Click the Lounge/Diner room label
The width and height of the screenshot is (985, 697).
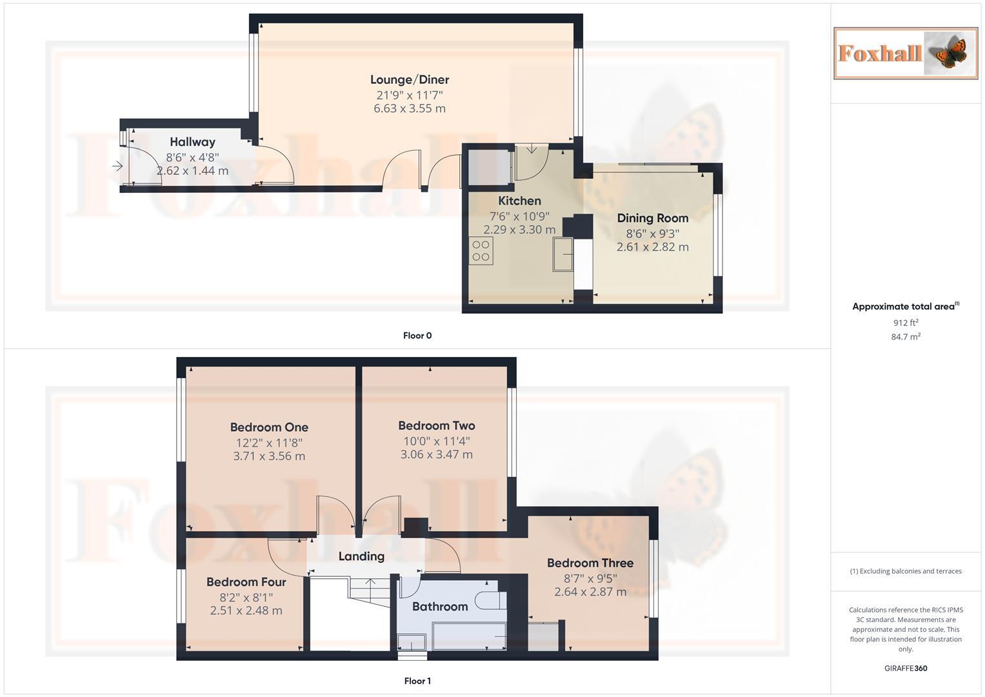click(409, 79)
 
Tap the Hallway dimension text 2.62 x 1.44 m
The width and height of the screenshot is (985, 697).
click(192, 171)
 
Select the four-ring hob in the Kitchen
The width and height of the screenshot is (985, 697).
click(481, 251)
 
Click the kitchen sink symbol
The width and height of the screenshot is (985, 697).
click(562, 254)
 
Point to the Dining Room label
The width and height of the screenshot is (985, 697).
click(652, 218)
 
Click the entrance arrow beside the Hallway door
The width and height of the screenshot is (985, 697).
click(117, 167)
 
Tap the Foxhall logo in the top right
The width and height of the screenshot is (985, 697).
click(905, 54)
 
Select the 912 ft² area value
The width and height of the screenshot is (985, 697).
click(905, 323)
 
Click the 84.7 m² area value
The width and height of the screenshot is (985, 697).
click(905, 337)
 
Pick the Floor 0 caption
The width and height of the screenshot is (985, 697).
click(417, 336)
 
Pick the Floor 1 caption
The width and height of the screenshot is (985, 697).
click(417, 681)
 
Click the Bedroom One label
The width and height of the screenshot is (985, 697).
click(269, 427)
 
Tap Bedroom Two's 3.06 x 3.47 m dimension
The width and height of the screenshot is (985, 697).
click(436, 455)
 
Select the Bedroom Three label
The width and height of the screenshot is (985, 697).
click(590, 563)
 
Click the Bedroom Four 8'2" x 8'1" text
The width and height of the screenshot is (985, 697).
click(246, 597)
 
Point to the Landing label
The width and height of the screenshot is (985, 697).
click(361, 556)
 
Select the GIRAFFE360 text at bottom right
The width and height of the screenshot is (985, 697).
click(905, 669)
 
